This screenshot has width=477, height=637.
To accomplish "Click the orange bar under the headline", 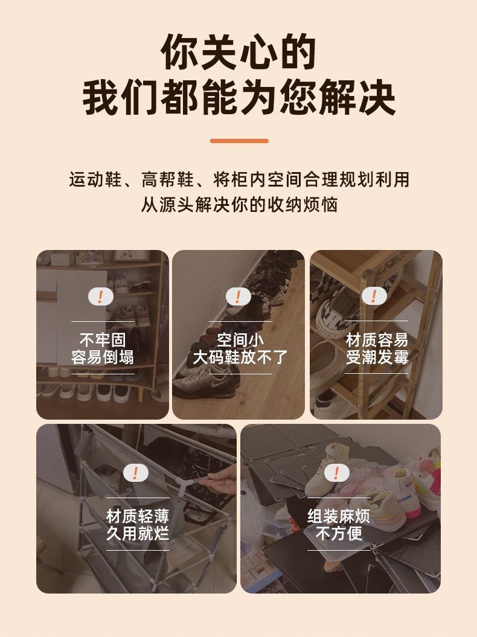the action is pos(239,141).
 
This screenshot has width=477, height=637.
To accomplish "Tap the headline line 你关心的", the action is pos(238,52).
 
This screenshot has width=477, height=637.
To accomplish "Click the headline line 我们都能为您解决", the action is pos(239,98).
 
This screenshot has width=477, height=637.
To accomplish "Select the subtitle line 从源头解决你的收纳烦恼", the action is pos(239,204).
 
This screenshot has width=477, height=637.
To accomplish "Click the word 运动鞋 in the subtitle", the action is pos(95,179).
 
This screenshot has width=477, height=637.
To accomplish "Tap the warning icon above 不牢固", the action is pos(100,296).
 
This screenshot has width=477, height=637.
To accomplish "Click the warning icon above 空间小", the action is pos(238,296).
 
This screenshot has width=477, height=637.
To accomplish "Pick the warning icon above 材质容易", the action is pos(374,295).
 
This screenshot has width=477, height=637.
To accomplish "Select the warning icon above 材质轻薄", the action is pos(135,473).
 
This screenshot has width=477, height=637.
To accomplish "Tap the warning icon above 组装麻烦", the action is pos(336,473).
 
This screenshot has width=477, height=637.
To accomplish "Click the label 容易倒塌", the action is pos(103,357).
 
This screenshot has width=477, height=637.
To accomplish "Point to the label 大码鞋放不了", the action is pos(240,357).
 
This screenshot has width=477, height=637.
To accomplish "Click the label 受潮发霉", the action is pos(377,357).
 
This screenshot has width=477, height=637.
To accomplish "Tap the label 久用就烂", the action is pos(138,533).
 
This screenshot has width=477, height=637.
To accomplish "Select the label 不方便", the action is pos(339,533).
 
